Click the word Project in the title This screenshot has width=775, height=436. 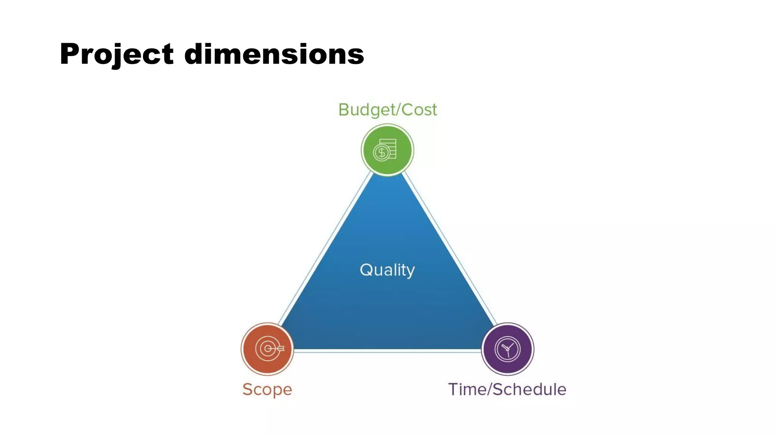coord(117,54)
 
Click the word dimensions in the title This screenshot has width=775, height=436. coord(274,54)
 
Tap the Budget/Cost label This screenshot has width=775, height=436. coord(387,110)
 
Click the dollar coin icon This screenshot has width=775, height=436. coord(381,153)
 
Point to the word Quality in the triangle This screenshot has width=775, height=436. coord(387,270)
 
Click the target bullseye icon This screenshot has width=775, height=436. coord(267,349)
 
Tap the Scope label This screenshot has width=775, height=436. coord(267,389)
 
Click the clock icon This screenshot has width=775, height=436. coord(507,349)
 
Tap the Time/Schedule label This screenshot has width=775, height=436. coord(507,389)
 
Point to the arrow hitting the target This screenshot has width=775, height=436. coord(279,348)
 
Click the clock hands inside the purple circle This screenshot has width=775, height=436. coord(507,349)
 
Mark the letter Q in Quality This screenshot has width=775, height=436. coord(367,270)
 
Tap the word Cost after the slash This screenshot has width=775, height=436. coord(419,110)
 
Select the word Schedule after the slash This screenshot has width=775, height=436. coord(530,389)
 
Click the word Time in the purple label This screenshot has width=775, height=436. coord(466,389)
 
